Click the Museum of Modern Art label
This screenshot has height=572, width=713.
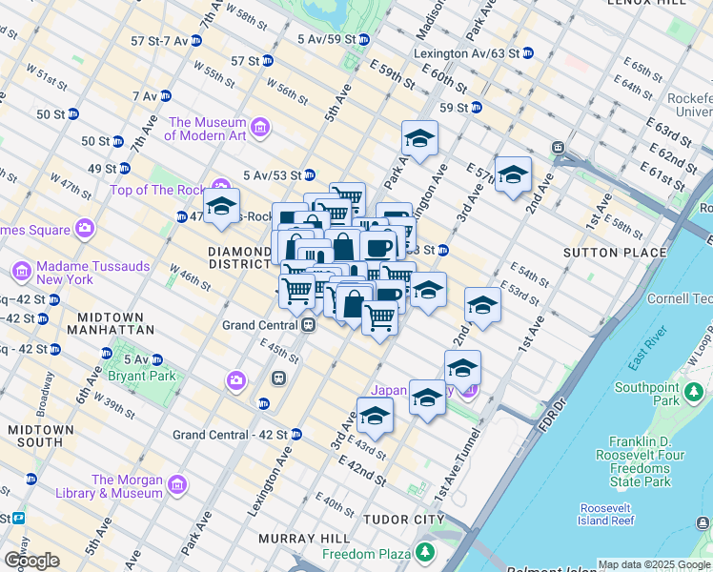click(x=207, y=129)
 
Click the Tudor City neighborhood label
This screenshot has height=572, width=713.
click(x=403, y=520)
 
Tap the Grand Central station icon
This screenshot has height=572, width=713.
click(x=309, y=325)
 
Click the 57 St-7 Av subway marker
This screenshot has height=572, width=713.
click(x=195, y=41)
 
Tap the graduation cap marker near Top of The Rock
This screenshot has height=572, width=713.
click(x=221, y=207)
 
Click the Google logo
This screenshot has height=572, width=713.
click(x=31, y=560)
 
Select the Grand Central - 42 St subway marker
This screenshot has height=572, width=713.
click(x=295, y=435)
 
